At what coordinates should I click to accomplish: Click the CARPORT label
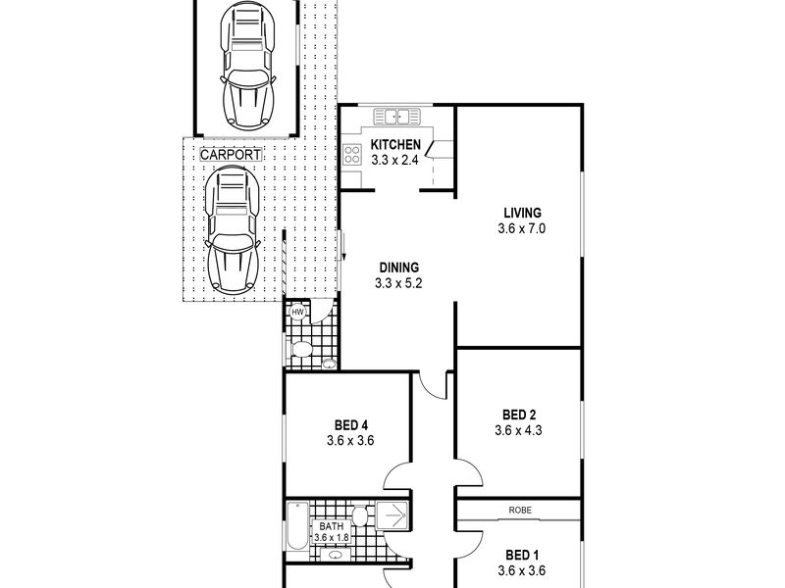pos(232,155)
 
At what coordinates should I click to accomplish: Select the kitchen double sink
pos(397,119)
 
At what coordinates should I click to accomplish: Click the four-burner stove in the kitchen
pos(353,154)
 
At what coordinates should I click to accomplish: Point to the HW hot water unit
pos(297,312)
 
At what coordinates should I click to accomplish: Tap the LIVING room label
pos(522,213)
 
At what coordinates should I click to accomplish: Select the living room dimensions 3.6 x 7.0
pos(522,228)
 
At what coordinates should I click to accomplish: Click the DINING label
pos(396,267)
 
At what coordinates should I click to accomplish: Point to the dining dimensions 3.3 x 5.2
pos(396,283)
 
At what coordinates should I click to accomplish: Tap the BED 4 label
pos(350,424)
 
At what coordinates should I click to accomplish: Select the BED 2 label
pos(519,413)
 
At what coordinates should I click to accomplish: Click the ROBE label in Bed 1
pos(520,510)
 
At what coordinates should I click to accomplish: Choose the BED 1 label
pos(519,553)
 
